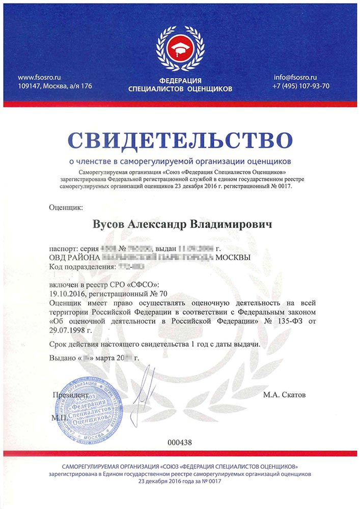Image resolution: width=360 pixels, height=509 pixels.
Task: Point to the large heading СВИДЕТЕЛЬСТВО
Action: (180, 140)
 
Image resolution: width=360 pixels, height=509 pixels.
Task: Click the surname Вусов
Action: (108, 224)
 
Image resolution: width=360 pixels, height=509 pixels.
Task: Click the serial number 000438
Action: (180, 442)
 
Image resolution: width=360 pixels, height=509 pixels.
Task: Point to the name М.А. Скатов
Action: (285, 395)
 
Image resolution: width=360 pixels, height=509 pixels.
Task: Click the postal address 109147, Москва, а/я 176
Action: (54, 86)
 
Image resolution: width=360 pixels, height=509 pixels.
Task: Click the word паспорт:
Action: (63, 248)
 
